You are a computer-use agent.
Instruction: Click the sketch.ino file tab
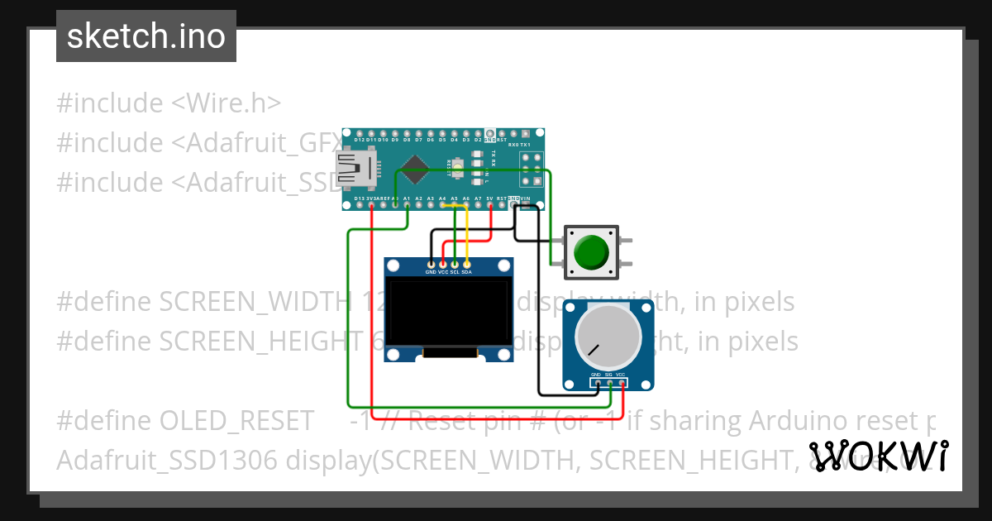tap(146, 36)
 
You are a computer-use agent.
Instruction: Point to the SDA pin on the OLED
tap(467, 265)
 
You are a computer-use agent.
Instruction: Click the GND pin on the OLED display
tap(431, 265)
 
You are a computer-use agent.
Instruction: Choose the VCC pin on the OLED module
tap(443, 265)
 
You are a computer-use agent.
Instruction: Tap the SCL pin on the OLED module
tap(455, 265)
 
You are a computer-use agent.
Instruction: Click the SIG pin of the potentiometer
tap(608, 382)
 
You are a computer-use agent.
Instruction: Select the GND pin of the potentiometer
tap(596, 382)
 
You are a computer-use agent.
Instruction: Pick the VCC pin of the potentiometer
tap(621, 382)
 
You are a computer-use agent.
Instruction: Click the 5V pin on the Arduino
tap(490, 204)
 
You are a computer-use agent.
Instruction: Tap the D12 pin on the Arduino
tap(360, 134)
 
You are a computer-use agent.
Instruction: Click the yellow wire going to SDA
tap(468, 236)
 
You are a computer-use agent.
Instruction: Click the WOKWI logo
tap(879, 456)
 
